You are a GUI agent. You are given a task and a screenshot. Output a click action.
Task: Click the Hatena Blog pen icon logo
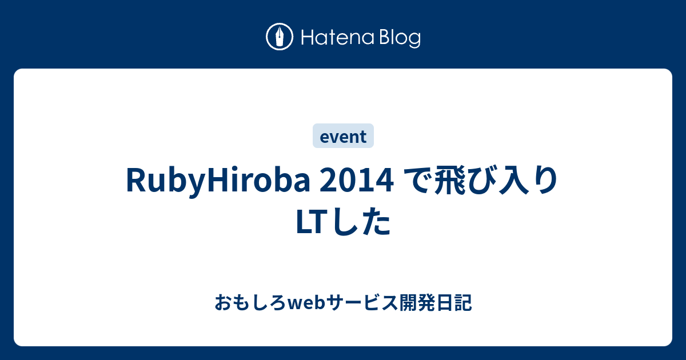tap(280, 38)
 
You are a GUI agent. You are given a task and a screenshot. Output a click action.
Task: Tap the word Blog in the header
tap(399, 38)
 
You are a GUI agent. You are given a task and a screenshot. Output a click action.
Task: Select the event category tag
tap(343, 137)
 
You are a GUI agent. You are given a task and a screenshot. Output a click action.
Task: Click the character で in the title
tap(417, 181)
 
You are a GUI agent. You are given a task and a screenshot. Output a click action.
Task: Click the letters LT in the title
tap(312, 222)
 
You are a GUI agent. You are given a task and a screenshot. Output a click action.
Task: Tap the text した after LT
tap(360, 222)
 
